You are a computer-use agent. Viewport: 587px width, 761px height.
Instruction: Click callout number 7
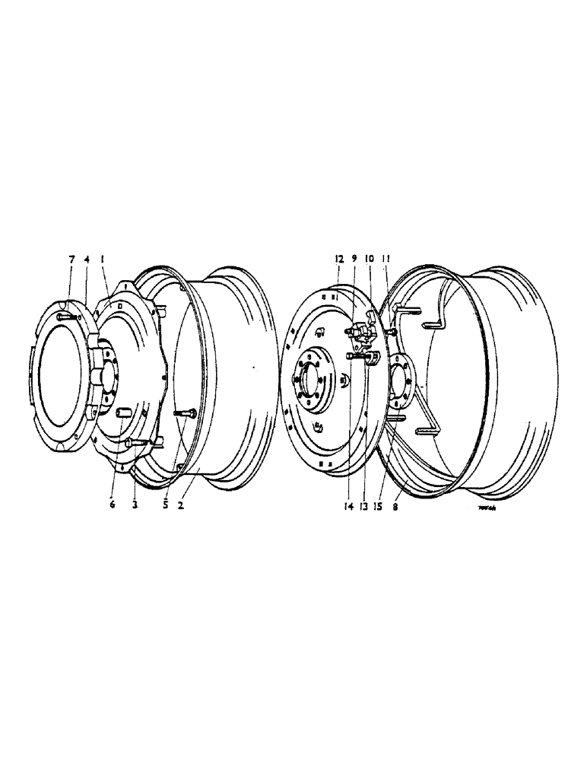(71, 260)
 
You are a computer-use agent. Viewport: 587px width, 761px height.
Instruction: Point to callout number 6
(113, 505)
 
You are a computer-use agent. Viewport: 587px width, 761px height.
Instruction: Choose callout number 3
(134, 505)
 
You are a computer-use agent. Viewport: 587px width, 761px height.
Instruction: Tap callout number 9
(354, 259)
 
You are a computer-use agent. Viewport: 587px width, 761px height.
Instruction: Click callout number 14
(347, 505)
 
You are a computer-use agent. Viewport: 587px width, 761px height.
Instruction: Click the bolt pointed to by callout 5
(186, 413)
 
